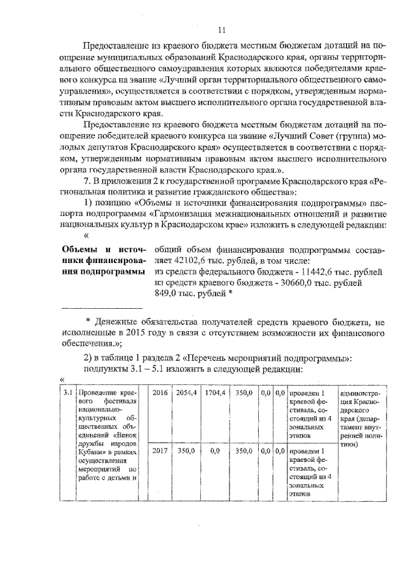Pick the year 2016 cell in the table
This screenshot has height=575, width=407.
(160, 393)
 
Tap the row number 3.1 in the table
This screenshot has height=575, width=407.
(67, 393)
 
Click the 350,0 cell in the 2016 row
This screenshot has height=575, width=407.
(244, 393)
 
